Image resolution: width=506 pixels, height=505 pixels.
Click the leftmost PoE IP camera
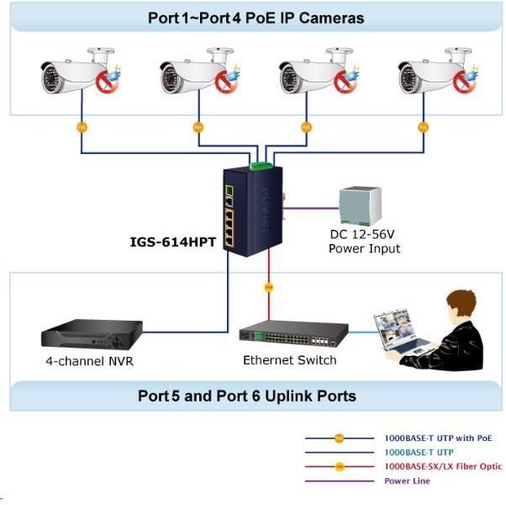(x=76, y=76)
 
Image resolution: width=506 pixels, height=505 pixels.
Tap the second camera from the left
(x=194, y=76)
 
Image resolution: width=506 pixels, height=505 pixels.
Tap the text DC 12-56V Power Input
(x=364, y=242)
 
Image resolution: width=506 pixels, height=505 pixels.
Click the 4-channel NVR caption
(x=90, y=362)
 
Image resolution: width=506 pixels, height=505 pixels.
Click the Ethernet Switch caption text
(x=289, y=360)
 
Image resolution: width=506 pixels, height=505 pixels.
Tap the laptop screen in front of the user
(x=398, y=327)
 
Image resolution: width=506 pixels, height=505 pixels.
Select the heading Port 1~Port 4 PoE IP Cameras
(x=256, y=18)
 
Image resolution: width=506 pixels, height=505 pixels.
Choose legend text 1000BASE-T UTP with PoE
(x=438, y=439)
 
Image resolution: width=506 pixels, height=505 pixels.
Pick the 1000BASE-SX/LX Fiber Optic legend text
(x=443, y=466)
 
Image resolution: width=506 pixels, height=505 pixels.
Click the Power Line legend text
(x=407, y=481)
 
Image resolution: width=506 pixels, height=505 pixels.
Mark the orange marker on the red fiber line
(x=268, y=288)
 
